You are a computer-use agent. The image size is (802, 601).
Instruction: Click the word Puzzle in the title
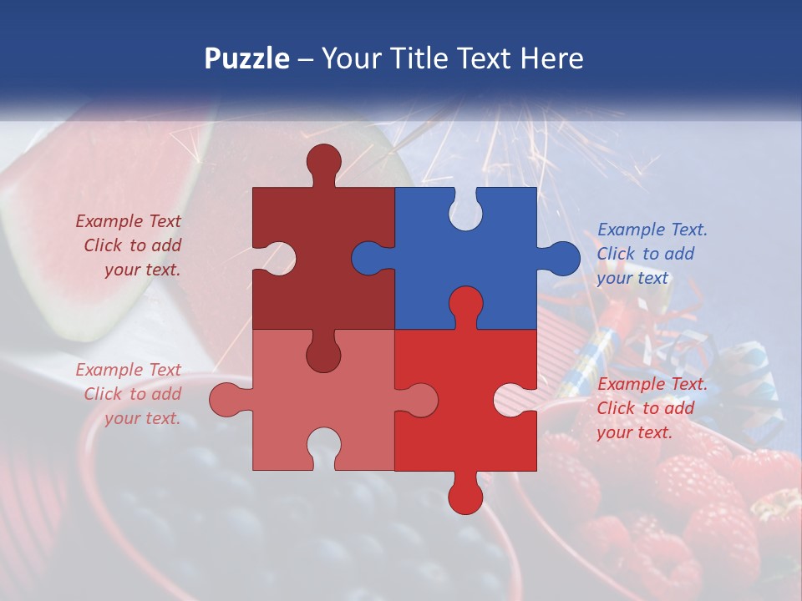pos(246,58)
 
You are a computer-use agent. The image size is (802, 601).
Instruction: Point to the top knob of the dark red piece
pos(323,161)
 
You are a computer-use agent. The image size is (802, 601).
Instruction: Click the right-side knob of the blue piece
pos(562,258)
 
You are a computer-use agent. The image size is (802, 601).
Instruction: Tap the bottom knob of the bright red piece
pos(465,496)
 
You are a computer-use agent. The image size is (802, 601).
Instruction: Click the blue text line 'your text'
pos(632,278)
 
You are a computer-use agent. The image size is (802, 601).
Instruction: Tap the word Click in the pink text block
pos(104,394)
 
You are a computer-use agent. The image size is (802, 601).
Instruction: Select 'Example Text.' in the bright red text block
pos(652,384)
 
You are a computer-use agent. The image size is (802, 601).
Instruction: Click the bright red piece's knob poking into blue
pos(465,305)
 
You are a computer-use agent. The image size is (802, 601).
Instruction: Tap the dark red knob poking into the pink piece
pos(323,355)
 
